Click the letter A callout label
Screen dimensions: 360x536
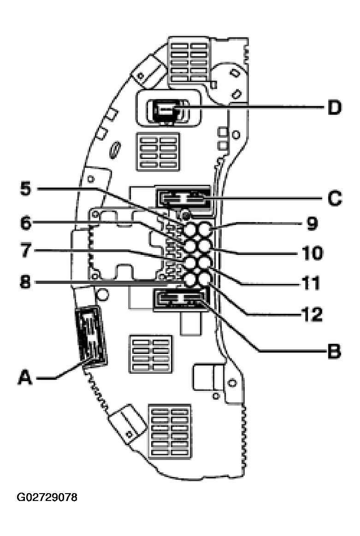coord(25,378)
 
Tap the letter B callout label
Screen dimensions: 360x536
coord(334,350)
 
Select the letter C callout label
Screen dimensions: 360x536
coord(334,198)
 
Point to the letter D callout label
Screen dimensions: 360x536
coord(334,107)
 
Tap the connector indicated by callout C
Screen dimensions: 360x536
coord(183,198)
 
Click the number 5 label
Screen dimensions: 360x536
coord(26,188)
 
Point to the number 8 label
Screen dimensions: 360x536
coord(26,282)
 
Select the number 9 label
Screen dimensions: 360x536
coord(312,223)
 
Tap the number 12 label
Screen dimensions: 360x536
coord(312,314)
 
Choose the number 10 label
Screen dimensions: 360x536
coord(312,253)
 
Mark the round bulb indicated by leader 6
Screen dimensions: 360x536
coord(190,246)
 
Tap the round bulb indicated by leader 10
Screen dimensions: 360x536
coord(205,246)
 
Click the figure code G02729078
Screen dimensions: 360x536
coord(47,497)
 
